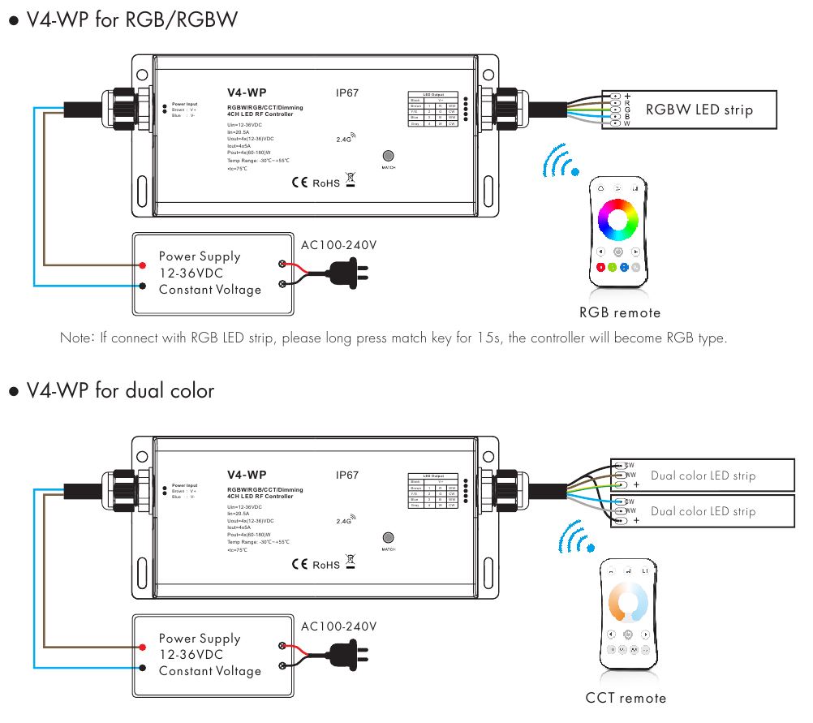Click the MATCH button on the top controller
pyautogui.click(x=388, y=156)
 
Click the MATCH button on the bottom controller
pyautogui.click(x=388, y=538)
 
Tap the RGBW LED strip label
pyautogui.click(x=699, y=110)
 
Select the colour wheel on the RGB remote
pyautogui.click(x=619, y=218)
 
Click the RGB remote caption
pyautogui.click(x=620, y=312)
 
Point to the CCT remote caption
pyautogui.click(x=626, y=698)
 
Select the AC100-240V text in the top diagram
pyautogui.click(x=338, y=244)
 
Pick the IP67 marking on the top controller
pyautogui.click(x=347, y=93)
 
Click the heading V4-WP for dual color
pyautogui.click(x=120, y=391)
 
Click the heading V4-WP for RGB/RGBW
pyautogui.click(x=132, y=19)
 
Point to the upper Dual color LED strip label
pyautogui.click(x=703, y=476)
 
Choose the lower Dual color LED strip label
pyautogui.click(x=703, y=511)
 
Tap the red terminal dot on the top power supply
pyautogui.click(x=142, y=265)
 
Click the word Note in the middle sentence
pyautogui.click(x=78, y=338)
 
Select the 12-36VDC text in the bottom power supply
pyautogui.click(x=191, y=654)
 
